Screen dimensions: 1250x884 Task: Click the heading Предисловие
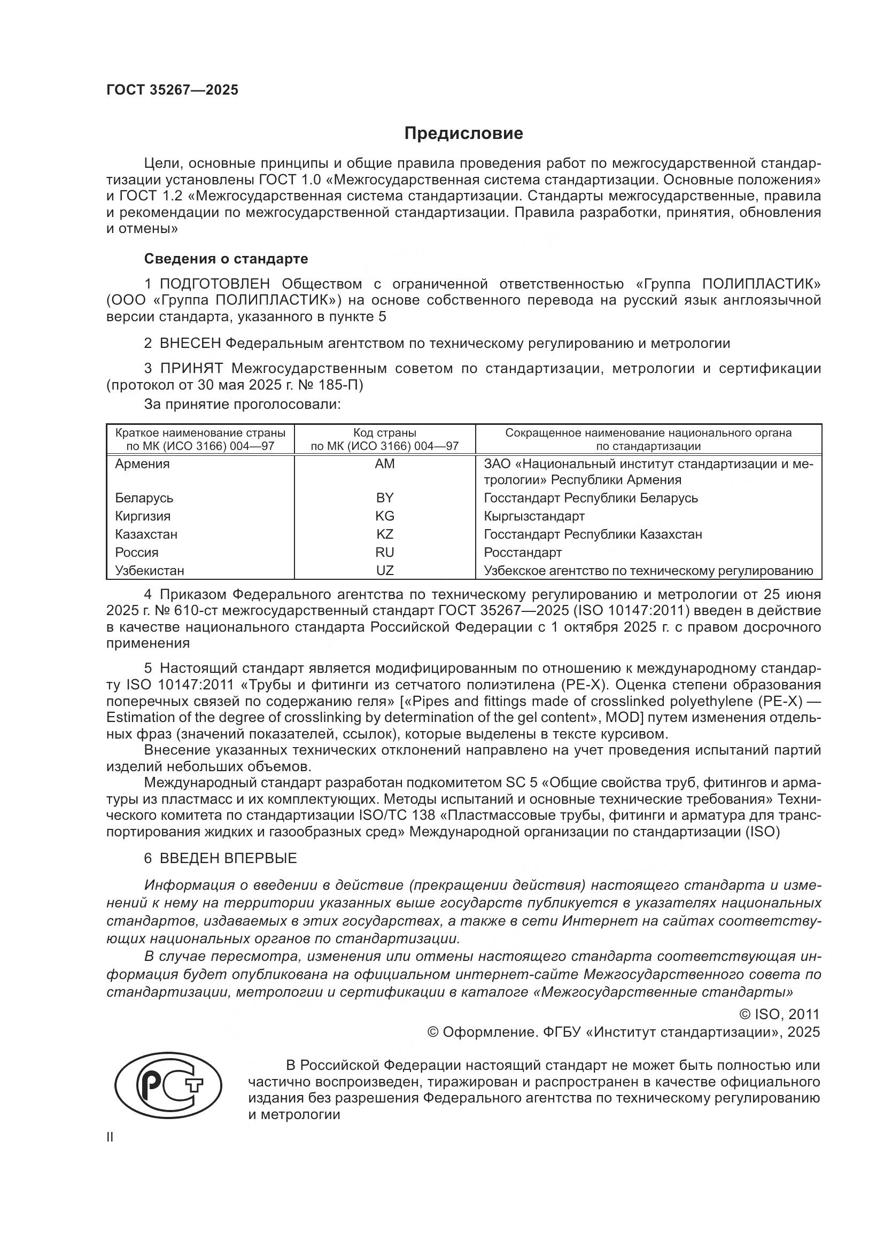click(463, 134)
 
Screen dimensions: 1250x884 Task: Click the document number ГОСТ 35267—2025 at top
click(172, 90)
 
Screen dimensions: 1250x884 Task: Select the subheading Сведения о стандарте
click(226, 259)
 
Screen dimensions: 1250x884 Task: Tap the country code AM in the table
click(384, 464)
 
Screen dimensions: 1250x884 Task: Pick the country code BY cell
click(384, 498)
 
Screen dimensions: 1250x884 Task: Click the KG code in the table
click(384, 516)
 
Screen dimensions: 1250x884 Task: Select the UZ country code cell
click(384, 570)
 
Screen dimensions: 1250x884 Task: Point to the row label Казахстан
click(146, 534)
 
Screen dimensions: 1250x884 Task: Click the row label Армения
click(142, 464)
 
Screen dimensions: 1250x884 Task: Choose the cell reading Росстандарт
click(523, 552)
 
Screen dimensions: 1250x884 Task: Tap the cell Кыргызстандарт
click(534, 516)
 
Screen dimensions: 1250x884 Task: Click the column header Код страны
click(384, 433)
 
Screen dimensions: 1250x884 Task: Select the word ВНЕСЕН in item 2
click(190, 343)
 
